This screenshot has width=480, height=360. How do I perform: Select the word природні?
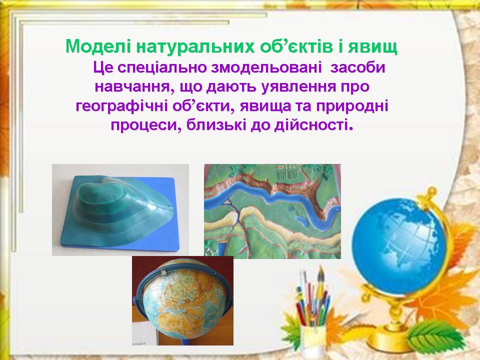pyautogui.click(x=352, y=106)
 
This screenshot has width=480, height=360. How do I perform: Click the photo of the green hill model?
pyautogui.click(x=120, y=210)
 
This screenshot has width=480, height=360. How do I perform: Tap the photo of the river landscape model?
pyautogui.click(x=272, y=211)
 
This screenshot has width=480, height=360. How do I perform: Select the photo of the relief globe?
pyautogui.click(x=183, y=301)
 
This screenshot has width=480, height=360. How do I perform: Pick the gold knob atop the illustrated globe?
pyautogui.click(x=430, y=192)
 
